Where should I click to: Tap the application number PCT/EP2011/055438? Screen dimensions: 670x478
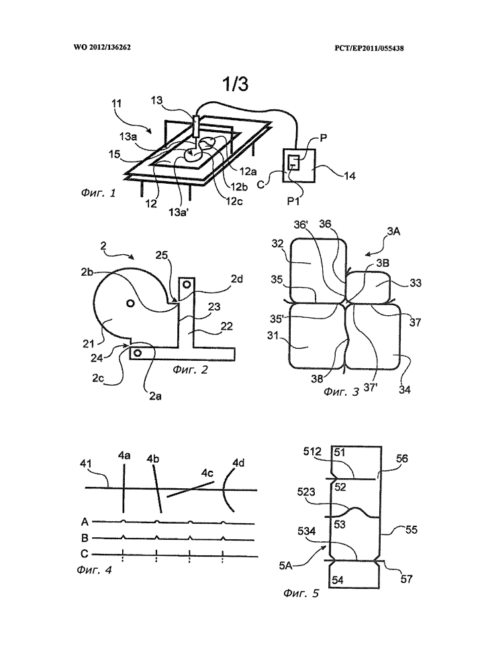pos(373,48)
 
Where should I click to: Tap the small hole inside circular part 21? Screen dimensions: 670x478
pos(128,304)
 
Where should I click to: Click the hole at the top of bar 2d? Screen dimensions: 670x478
pos(188,284)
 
